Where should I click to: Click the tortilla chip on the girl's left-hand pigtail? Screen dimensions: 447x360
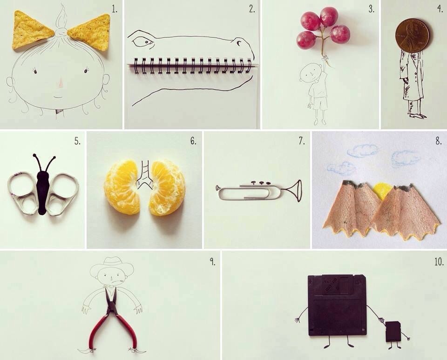click(31, 30)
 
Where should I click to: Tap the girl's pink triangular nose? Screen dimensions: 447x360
click(61, 83)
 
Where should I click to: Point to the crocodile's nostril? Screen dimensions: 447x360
click(239, 42)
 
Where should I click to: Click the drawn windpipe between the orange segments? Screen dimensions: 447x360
click(145, 174)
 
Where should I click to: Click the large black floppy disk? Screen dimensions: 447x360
click(337, 305)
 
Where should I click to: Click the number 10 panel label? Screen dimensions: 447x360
click(439, 262)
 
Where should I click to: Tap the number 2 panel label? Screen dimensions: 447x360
click(252, 9)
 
